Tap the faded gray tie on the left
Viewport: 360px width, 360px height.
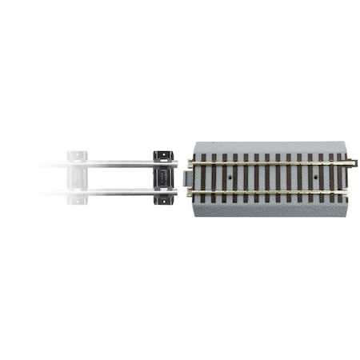coord(77,177)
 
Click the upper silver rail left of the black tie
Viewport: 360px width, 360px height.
coord(120,164)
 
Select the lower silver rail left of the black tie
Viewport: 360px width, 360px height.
coord(120,192)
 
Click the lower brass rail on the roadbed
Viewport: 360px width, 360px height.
coord(272,191)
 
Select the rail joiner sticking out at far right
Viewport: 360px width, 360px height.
coord(354,164)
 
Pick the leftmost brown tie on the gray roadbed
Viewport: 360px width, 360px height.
coord(202,178)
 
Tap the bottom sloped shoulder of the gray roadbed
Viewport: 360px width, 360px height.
coord(272,209)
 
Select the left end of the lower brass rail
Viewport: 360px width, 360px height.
coord(193,191)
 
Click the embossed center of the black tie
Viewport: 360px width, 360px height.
coord(163,178)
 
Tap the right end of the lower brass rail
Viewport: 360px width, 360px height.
coord(349,191)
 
